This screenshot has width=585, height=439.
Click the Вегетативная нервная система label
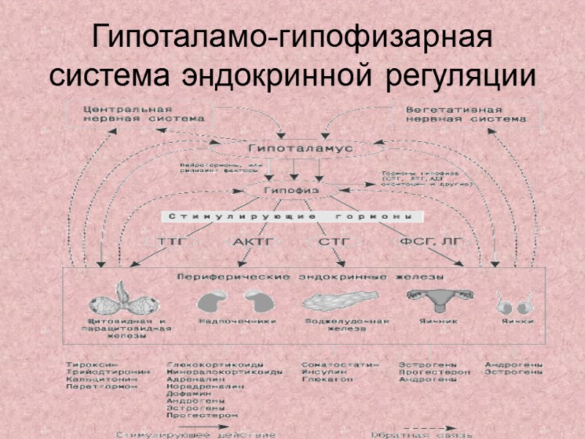[466, 112]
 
